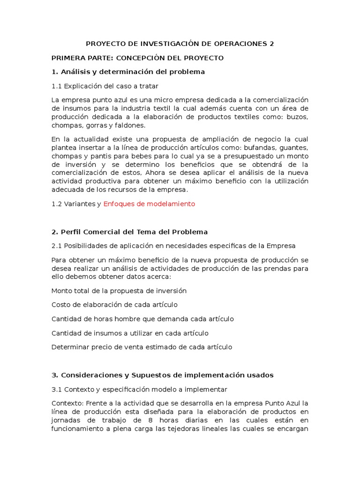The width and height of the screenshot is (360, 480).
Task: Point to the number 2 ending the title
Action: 271,44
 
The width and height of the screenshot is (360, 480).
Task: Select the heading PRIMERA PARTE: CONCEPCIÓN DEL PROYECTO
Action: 137,58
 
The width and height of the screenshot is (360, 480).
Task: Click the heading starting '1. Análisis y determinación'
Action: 128,72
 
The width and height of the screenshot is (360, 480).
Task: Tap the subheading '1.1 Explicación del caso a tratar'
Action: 105,86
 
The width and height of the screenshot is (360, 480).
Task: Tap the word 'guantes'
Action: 294,148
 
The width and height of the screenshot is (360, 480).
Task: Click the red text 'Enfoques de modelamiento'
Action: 149,204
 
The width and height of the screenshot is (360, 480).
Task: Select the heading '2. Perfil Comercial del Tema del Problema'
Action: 129,232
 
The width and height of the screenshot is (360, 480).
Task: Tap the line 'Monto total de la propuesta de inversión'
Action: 119,291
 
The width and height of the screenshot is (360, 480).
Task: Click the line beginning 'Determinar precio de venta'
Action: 142,347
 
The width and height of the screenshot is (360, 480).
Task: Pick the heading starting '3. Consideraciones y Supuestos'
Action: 162,375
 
